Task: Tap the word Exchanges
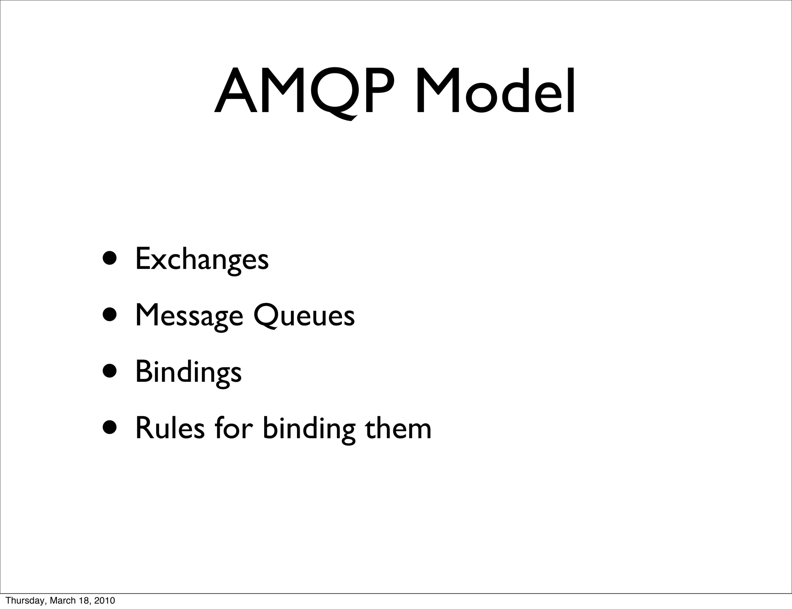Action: (x=202, y=260)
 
